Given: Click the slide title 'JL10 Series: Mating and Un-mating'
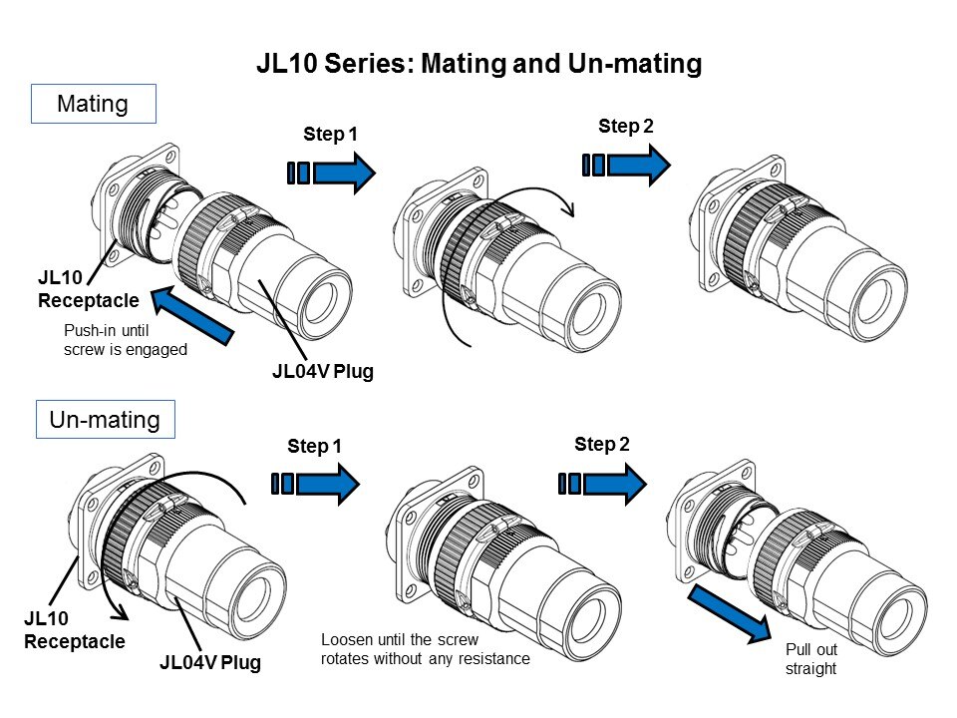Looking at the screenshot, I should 478,64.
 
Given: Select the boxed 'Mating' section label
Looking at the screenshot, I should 94,104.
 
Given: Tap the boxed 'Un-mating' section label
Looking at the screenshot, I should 105,420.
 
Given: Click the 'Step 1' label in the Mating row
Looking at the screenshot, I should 330,133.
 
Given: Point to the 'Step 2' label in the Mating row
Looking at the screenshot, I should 626,126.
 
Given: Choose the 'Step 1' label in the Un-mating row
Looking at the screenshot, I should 314,447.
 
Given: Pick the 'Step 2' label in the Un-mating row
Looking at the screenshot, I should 602,445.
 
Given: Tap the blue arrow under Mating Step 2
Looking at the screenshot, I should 628,165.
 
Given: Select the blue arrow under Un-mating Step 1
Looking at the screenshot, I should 315,484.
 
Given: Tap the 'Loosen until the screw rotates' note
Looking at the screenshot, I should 425,648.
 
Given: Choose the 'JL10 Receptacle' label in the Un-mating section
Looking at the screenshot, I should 75,630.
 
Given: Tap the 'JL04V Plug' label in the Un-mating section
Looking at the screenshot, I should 209,661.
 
